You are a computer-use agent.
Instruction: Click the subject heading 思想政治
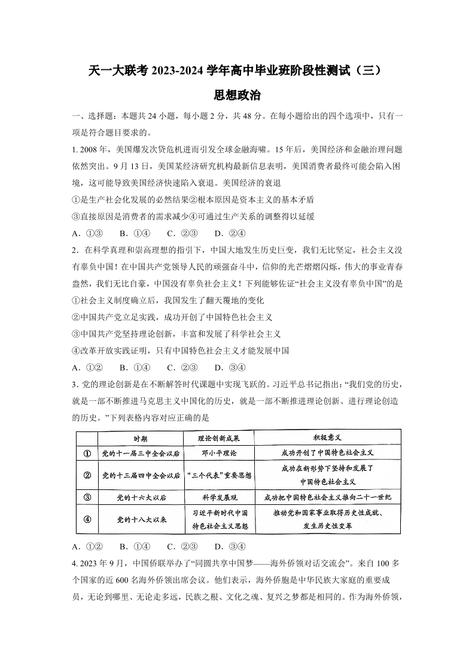[237, 96]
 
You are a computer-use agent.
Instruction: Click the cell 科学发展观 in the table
[218, 497]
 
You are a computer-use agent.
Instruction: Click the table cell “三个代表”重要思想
[218, 476]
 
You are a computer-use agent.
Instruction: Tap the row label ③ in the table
[87, 497]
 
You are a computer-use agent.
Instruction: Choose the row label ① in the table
[87, 454]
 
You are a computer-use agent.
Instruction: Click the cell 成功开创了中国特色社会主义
[327, 454]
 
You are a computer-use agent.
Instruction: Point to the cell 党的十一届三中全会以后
[141, 454]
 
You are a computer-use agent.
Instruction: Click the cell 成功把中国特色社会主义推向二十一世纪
[327, 497]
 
